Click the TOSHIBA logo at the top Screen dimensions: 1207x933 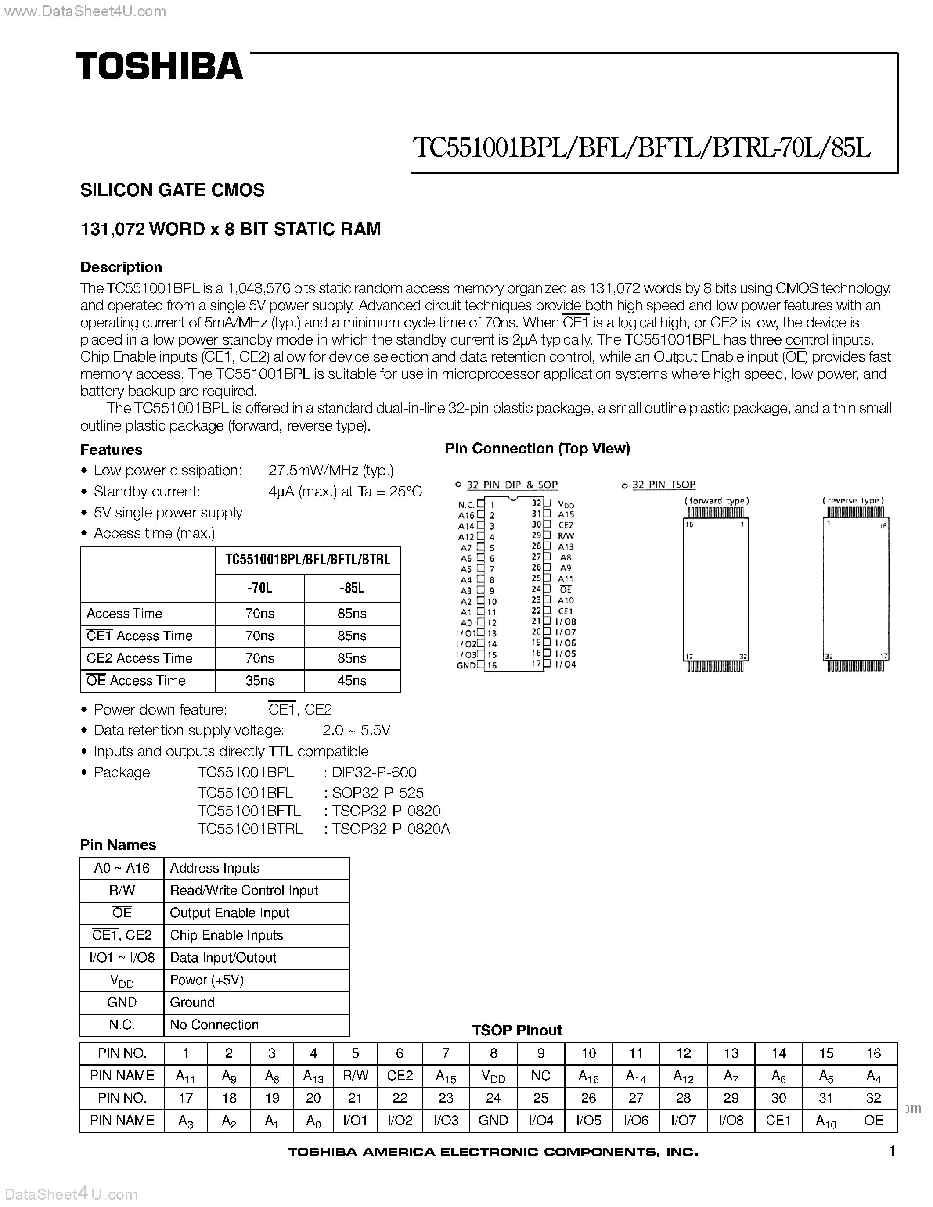pos(159,66)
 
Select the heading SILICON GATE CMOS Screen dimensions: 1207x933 pos(173,190)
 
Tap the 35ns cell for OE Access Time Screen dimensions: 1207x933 pos(259,681)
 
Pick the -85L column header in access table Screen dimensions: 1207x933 pos(352,588)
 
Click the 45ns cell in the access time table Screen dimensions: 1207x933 pos(352,681)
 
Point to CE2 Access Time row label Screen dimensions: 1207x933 pos(139,658)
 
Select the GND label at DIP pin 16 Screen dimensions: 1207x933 pos(466,665)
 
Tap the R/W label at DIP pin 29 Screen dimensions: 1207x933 pos(566,536)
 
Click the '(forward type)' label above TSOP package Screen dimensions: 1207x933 pos(717,501)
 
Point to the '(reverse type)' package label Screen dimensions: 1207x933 pos(854,501)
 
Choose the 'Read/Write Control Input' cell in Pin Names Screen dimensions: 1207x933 pos(244,891)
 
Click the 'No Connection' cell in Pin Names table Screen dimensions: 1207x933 pos(214,1024)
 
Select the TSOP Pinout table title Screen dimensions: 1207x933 pos(516,1030)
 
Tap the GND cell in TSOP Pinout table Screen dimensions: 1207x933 pos(493,1120)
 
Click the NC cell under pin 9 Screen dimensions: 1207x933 pos(540,1075)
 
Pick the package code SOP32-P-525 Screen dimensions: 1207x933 pos(377,793)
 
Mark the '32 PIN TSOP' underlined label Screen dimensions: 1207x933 pos(663,485)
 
